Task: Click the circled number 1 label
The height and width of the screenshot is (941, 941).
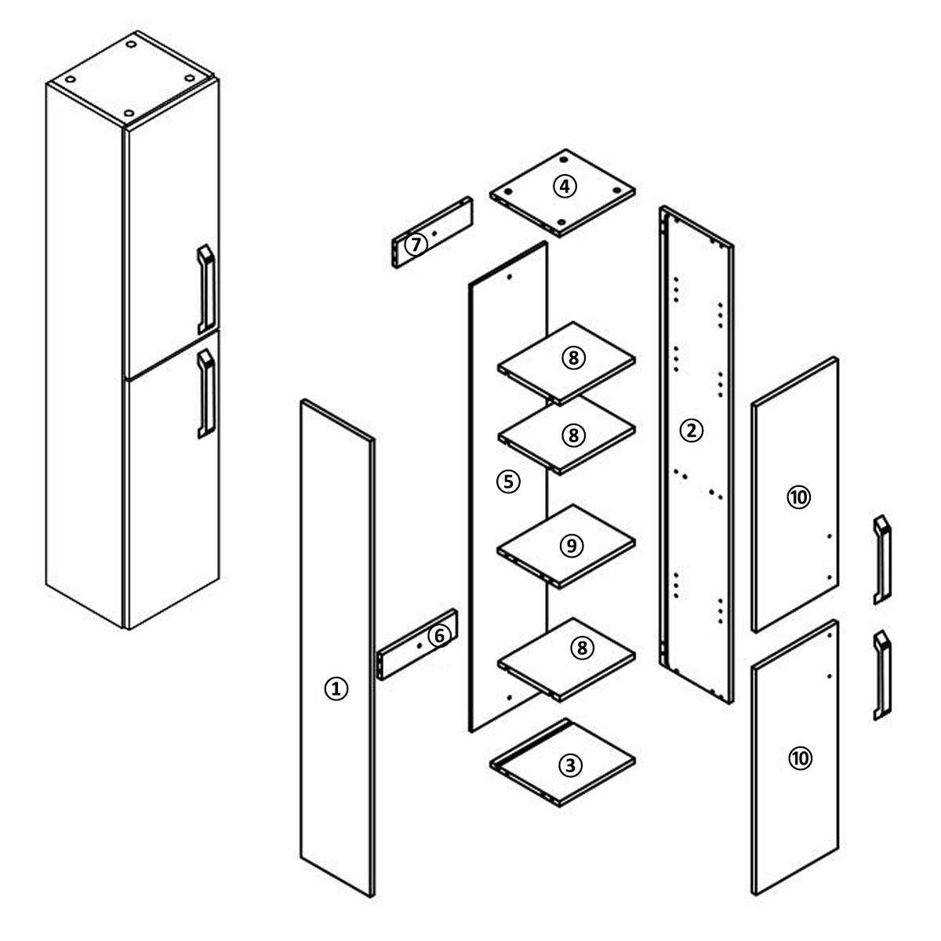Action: (336, 689)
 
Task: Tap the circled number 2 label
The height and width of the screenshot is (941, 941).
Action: (692, 431)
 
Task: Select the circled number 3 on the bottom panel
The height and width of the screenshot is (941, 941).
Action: (570, 765)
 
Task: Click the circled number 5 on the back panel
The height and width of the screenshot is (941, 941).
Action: (508, 482)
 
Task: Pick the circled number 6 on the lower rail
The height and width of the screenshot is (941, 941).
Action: (439, 636)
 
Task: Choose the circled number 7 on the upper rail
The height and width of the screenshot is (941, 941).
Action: (416, 244)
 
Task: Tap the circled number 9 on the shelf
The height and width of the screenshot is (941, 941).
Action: (572, 546)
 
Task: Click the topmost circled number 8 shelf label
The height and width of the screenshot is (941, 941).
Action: (573, 358)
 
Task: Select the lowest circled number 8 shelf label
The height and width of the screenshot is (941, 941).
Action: (582, 648)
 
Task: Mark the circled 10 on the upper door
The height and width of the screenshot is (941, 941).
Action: (799, 498)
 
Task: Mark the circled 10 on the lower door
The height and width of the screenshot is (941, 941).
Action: (800, 758)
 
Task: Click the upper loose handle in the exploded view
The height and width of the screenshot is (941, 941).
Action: (882, 560)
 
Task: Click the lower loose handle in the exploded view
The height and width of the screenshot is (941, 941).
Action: (882, 675)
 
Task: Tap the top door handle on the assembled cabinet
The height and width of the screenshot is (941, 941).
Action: (206, 289)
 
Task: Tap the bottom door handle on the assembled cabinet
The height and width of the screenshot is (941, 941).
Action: (206, 393)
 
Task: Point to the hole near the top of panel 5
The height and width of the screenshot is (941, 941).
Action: (510, 277)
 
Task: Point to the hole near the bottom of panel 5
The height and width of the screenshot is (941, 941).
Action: (510, 697)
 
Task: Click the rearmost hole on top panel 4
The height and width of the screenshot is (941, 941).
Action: (564, 160)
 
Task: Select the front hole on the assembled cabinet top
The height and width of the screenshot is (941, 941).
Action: (129, 113)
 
